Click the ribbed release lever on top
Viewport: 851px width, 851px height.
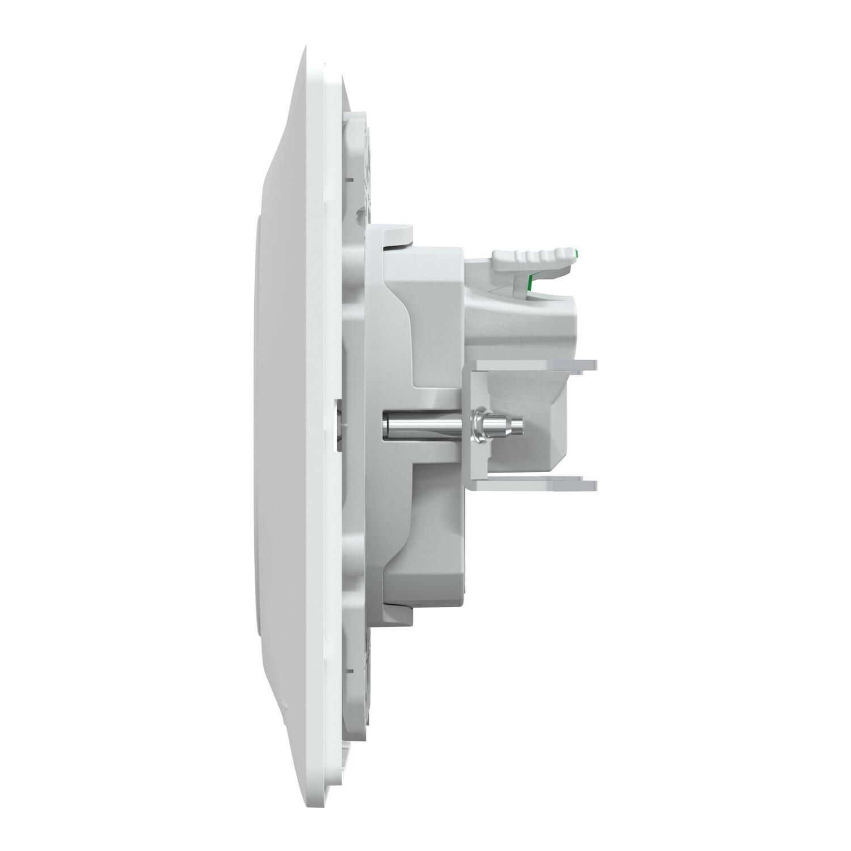(530, 256)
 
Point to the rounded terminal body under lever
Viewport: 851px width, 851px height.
(545, 318)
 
